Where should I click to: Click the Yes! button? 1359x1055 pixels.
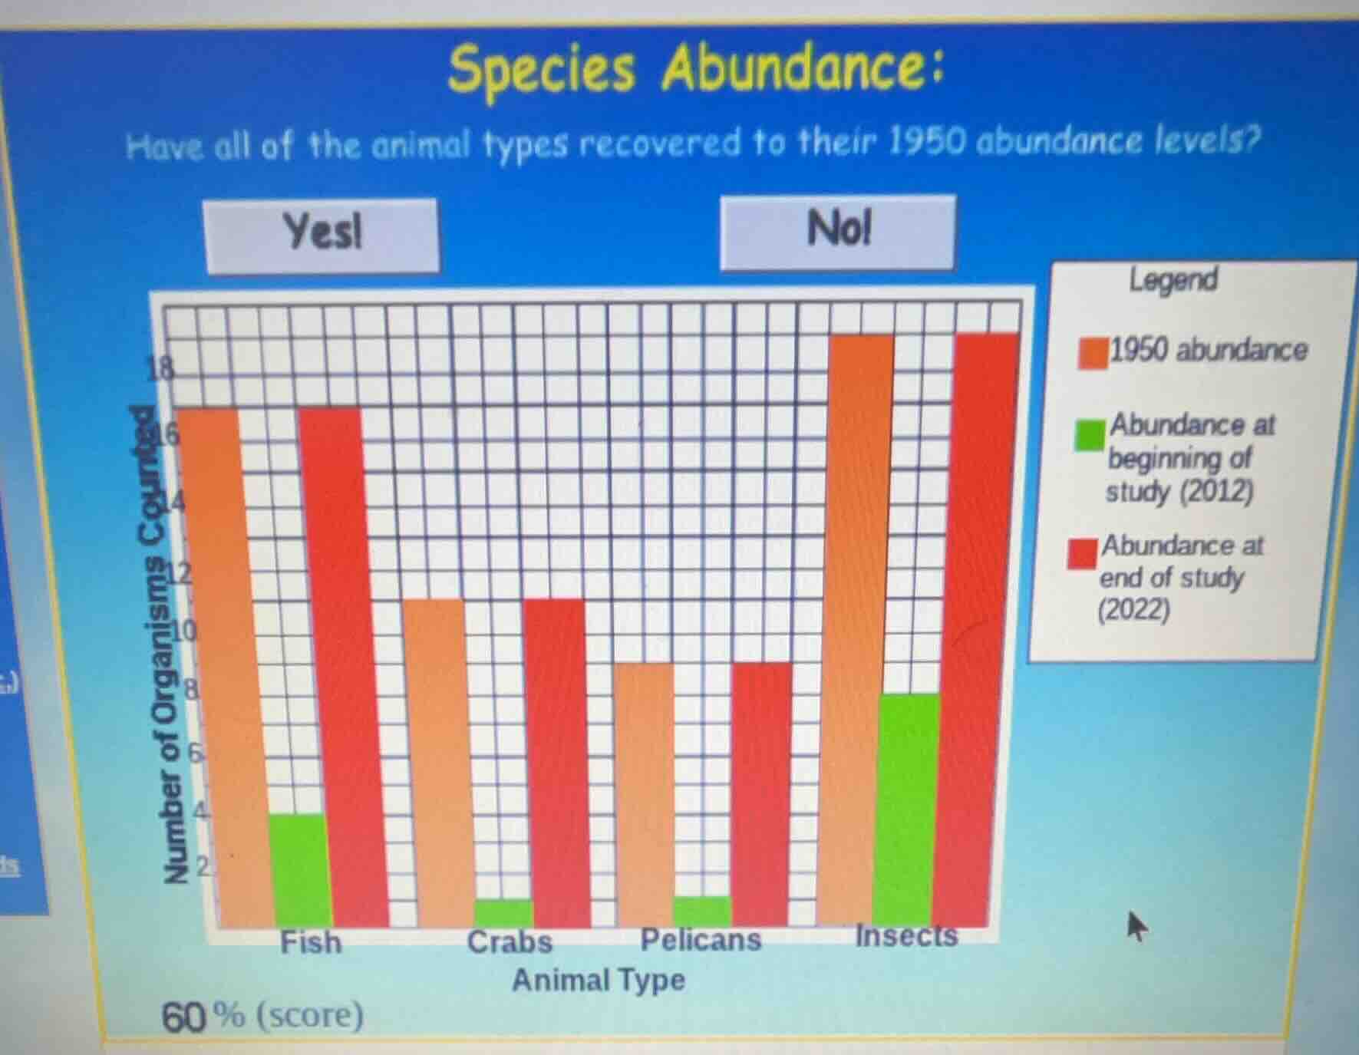click(322, 234)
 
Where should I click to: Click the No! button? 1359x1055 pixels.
click(838, 231)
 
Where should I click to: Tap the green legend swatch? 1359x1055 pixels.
click(1089, 434)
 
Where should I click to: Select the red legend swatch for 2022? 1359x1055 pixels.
click(1082, 553)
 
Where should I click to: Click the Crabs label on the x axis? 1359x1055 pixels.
click(510, 942)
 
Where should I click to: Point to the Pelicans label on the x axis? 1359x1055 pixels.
click(701, 940)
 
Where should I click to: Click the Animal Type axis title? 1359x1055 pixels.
click(598, 980)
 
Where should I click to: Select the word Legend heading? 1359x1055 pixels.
click(1173, 280)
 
